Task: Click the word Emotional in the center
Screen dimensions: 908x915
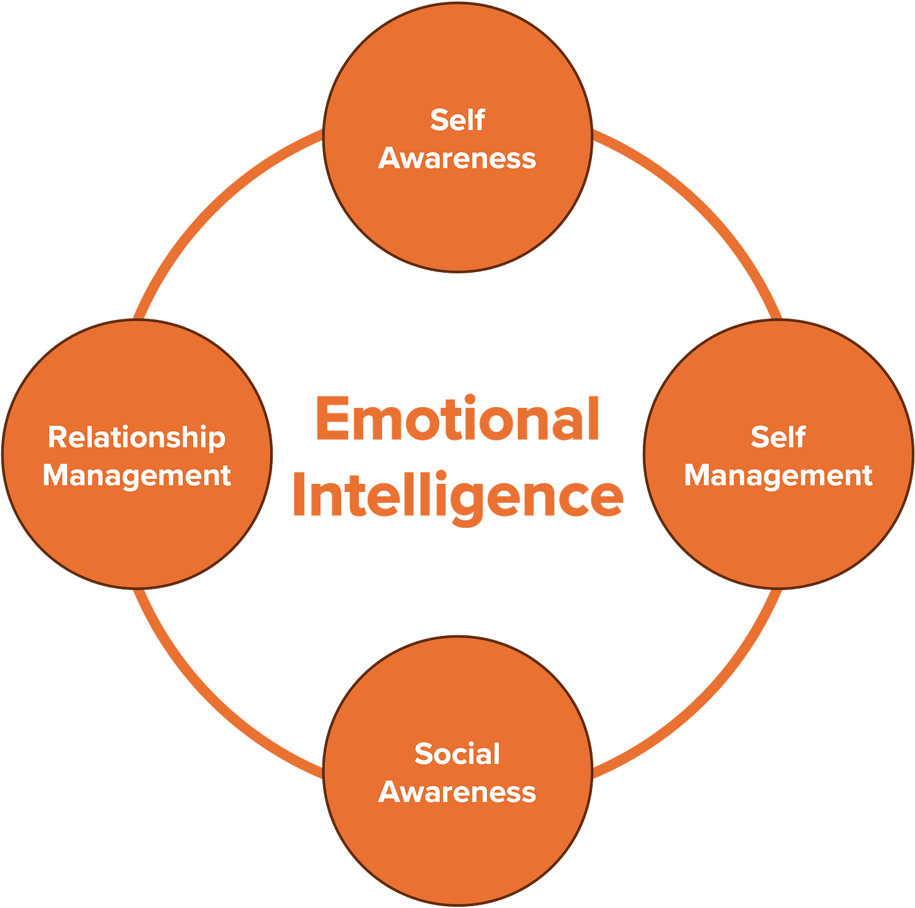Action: pyautogui.click(x=457, y=419)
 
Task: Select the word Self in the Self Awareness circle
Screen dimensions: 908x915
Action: pyautogui.click(x=457, y=119)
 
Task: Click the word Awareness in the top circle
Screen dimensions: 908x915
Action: pyautogui.click(x=457, y=158)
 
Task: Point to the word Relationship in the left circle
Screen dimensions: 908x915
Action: pyautogui.click(x=137, y=437)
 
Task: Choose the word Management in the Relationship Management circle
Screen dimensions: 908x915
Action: pyautogui.click(x=137, y=475)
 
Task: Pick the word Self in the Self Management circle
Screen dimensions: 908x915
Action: pyautogui.click(x=778, y=437)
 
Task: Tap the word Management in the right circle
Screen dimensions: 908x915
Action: pyautogui.click(x=778, y=475)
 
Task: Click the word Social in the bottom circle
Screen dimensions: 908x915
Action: pyautogui.click(x=457, y=753)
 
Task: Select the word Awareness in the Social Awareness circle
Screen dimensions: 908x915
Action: pyautogui.click(x=457, y=792)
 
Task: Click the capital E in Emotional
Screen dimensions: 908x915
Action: pyautogui.click(x=331, y=419)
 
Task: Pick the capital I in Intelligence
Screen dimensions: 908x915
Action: pyautogui.click(x=299, y=495)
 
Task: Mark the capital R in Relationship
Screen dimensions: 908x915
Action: pyautogui.click(x=57, y=437)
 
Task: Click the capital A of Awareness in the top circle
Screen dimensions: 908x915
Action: pyautogui.click(x=390, y=158)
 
